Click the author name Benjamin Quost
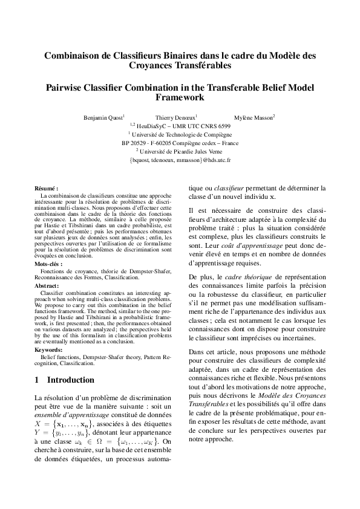click(103, 117)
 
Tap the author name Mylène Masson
click(254, 117)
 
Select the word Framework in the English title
click(180, 97)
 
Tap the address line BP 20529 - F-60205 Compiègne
click(180, 143)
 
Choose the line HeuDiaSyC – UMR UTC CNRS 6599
click(180, 126)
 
